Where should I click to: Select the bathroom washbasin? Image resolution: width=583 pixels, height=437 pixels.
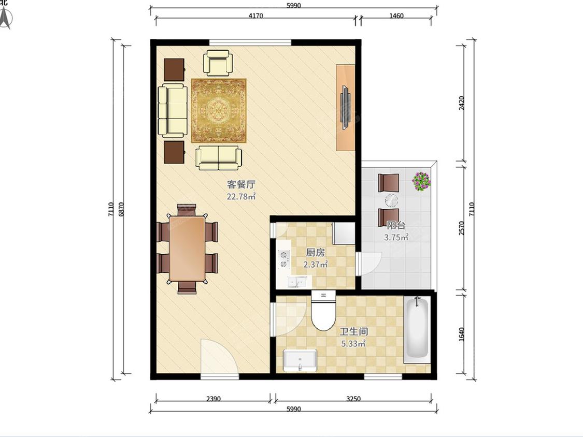point(300,360)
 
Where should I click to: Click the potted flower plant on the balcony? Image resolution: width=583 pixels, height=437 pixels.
point(422,181)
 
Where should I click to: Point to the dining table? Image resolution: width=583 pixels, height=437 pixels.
point(187,249)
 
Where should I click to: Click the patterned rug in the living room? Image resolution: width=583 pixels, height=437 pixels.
point(219,110)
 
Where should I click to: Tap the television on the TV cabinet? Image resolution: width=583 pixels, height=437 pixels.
point(346,107)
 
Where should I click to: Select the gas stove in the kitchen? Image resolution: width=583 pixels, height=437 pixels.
point(284,259)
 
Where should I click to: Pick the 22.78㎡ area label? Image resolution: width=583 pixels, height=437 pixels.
point(241,197)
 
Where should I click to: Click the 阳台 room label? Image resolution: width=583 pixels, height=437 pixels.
point(396,225)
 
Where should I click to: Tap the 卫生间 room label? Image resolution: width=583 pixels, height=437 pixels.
point(353,331)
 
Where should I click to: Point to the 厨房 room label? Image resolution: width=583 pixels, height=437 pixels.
point(315,253)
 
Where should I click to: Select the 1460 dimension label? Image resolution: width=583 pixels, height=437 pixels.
point(396,16)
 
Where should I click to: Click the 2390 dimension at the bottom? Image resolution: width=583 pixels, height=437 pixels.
point(214,399)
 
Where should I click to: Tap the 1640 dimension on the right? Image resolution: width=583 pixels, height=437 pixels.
point(461,334)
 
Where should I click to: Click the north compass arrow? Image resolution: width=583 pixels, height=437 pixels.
point(6,19)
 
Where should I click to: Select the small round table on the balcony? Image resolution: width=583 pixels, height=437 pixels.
point(391,201)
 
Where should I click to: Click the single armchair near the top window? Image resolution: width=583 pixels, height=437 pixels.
point(218,63)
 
